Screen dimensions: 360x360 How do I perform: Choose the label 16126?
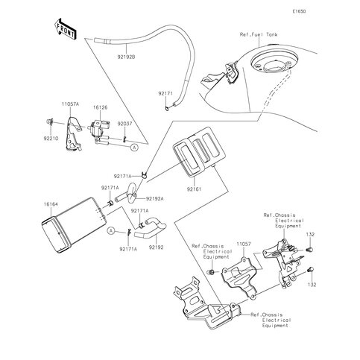click(101, 107)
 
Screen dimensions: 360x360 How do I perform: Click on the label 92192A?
click(155, 198)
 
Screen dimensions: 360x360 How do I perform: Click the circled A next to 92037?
click(134, 148)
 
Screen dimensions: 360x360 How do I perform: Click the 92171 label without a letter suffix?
click(165, 94)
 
